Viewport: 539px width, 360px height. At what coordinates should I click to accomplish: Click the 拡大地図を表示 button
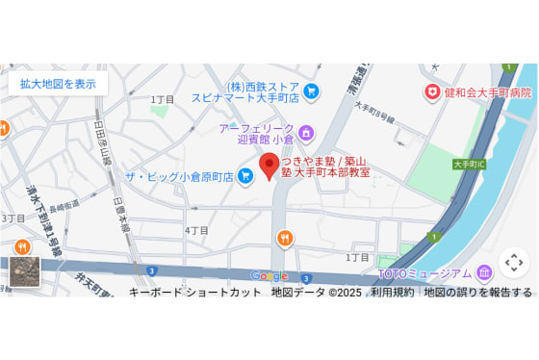(58, 84)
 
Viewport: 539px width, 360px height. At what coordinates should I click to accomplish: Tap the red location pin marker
(269, 165)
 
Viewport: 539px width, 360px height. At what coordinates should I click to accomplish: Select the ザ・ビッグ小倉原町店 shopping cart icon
(245, 175)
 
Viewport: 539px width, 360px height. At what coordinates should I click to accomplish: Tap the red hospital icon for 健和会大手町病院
(433, 92)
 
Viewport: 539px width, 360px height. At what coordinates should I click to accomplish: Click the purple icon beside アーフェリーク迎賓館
(307, 132)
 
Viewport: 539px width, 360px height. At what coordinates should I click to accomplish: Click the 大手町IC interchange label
(469, 165)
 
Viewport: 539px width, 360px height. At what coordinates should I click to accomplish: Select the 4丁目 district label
(196, 231)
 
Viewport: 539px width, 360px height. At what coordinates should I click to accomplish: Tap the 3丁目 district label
(13, 219)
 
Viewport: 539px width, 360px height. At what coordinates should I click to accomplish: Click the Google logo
(269, 276)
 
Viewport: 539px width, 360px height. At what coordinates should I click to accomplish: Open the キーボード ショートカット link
(194, 292)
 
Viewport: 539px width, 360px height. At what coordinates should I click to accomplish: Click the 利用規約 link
(392, 292)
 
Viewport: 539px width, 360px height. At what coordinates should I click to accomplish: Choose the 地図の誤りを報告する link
(477, 292)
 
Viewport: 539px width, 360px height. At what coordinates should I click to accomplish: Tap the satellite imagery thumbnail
(25, 271)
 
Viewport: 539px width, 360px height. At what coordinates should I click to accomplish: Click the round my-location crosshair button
(514, 262)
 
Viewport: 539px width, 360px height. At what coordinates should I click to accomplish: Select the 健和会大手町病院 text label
(488, 92)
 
